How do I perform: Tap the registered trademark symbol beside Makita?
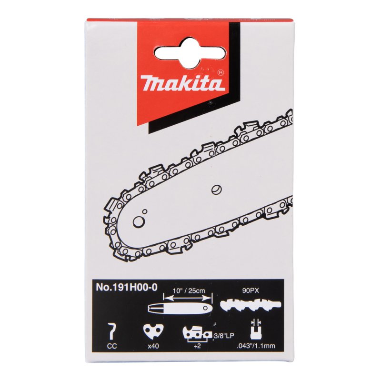click(x=220, y=73)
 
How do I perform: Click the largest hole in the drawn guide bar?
click(x=140, y=221)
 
